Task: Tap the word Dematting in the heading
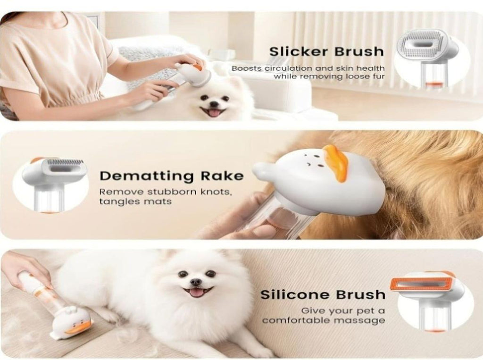point(146,176)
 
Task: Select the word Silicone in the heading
point(295,295)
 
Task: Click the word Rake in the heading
point(222,176)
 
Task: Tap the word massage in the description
point(359,321)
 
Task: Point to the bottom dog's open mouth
point(198,292)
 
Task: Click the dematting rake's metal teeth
point(65,162)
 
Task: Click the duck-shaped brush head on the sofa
point(72,324)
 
